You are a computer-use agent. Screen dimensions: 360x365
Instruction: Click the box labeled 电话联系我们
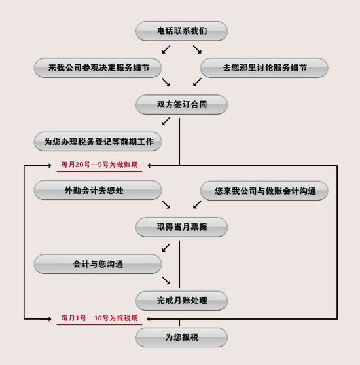click(181, 31)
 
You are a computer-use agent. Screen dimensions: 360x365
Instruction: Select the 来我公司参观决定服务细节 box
click(98, 67)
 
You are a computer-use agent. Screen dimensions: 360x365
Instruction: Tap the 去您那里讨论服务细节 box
click(264, 67)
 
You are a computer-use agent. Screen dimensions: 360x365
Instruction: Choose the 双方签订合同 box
click(181, 104)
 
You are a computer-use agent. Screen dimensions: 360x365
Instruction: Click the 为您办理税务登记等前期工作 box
click(98, 142)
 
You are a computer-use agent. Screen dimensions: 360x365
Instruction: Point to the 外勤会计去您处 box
click(98, 190)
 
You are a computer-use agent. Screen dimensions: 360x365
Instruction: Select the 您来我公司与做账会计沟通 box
click(264, 191)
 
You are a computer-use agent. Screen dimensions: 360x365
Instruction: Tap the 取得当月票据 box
click(181, 227)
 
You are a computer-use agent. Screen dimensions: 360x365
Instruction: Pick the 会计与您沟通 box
click(98, 263)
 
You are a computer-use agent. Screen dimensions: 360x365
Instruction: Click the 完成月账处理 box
click(181, 301)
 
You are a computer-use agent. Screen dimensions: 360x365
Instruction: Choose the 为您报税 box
click(181, 337)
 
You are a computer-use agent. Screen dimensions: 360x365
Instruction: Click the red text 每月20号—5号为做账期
click(99, 164)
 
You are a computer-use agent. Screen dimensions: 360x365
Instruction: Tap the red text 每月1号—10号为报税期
click(99, 318)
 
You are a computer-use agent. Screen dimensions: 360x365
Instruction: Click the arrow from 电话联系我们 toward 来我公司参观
click(166, 50)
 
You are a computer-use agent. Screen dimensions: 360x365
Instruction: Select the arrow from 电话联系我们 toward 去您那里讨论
click(197, 50)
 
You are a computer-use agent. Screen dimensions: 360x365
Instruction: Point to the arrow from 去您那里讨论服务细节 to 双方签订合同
click(197, 82)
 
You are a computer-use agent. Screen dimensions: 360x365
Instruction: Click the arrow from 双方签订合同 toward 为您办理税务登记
click(166, 121)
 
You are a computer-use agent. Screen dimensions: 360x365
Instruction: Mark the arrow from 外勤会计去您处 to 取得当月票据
click(166, 204)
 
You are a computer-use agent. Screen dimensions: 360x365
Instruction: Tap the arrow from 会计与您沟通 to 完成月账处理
click(166, 280)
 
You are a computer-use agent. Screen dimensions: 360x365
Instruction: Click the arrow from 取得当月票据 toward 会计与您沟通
click(166, 248)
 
